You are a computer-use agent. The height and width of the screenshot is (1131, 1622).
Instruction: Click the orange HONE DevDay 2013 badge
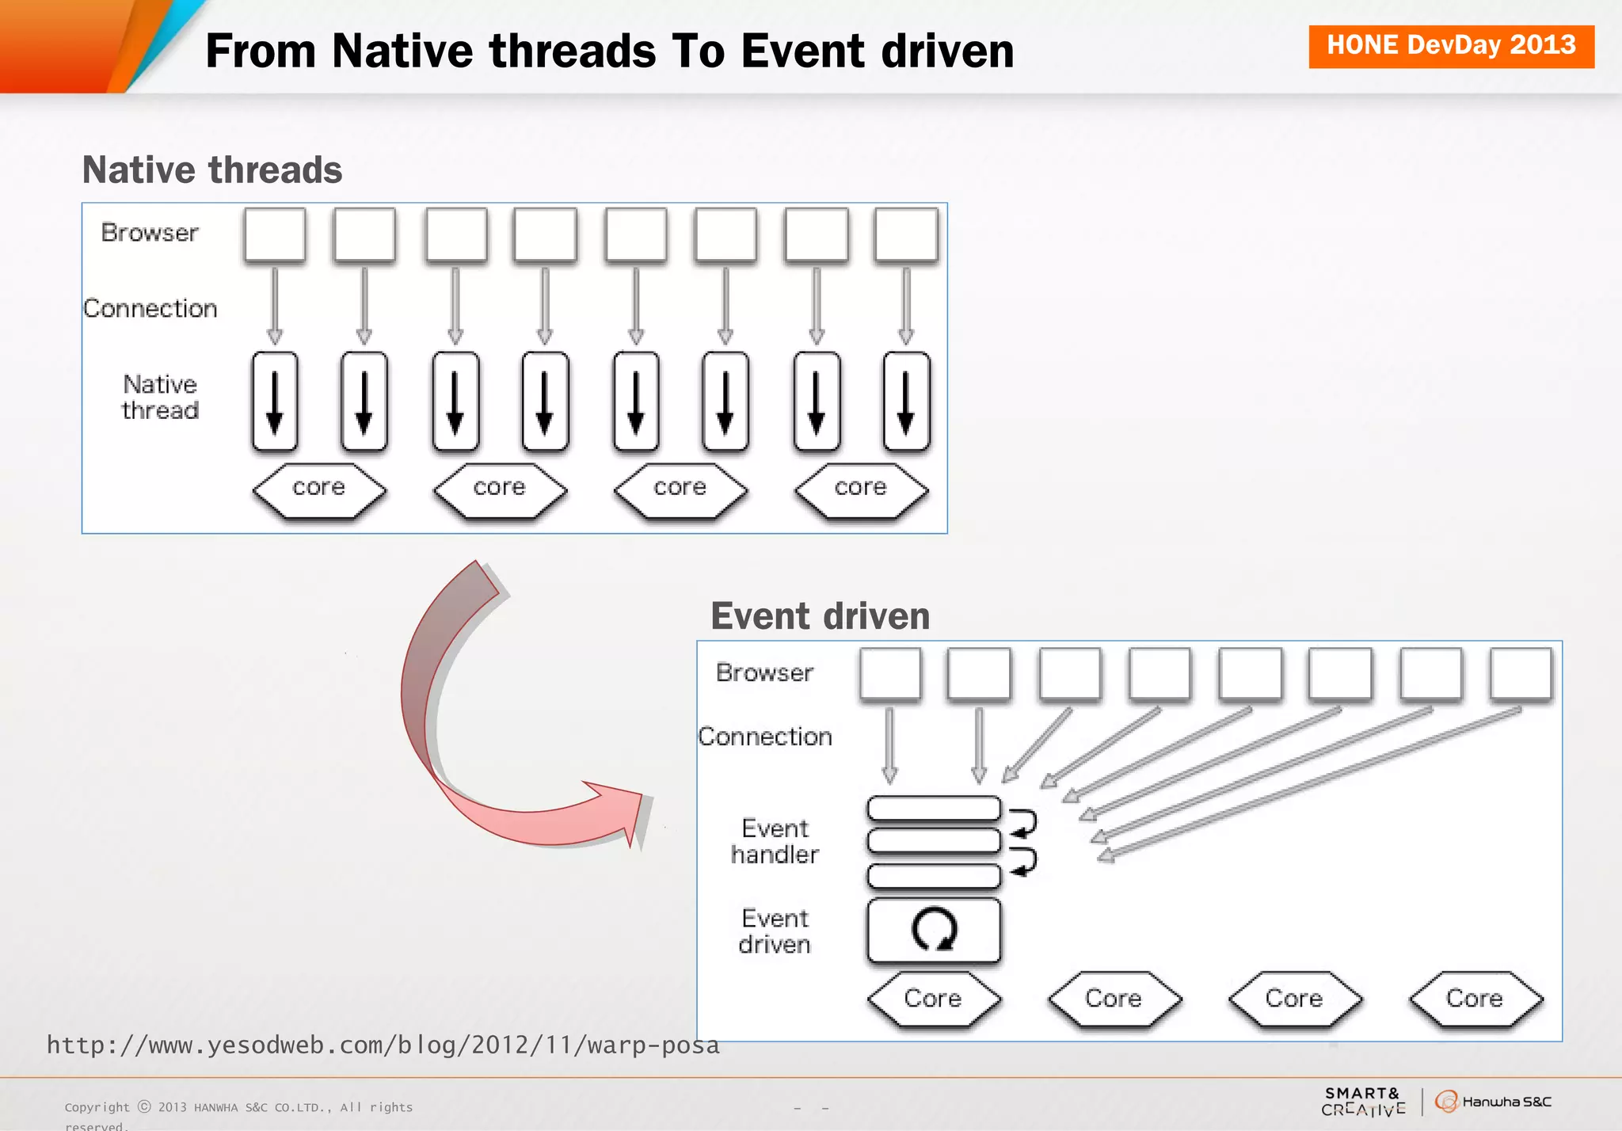pos(1450,46)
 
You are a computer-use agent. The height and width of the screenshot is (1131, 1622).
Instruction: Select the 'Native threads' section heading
pos(212,170)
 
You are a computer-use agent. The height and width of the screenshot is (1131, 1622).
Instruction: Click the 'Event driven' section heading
pos(820,616)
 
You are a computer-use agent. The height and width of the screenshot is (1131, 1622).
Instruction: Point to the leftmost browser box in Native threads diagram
pos(275,234)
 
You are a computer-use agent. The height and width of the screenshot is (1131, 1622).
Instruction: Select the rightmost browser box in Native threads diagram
pos(906,234)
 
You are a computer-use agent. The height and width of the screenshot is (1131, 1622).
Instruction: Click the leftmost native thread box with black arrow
pos(275,402)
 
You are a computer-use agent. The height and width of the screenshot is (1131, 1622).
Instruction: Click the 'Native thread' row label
pos(160,398)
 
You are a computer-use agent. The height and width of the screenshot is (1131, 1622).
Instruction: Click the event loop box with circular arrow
pos(934,930)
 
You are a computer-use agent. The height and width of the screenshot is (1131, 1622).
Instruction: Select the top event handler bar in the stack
pos(934,809)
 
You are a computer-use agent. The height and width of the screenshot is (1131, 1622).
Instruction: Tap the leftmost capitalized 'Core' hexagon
pos(934,999)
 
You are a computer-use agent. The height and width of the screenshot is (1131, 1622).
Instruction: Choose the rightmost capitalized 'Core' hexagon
pos(1475,999)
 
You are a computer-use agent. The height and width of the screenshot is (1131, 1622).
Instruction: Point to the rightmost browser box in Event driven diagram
pos(1521,674)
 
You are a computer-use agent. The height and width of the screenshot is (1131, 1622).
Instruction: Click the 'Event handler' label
pos(775,841)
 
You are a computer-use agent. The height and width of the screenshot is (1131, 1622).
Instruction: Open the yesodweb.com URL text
pos(383,1045)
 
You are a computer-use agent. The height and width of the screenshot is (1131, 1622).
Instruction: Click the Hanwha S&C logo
pos(1493,1102)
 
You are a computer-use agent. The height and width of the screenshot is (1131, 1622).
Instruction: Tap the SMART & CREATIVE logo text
pos(1363,1102)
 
